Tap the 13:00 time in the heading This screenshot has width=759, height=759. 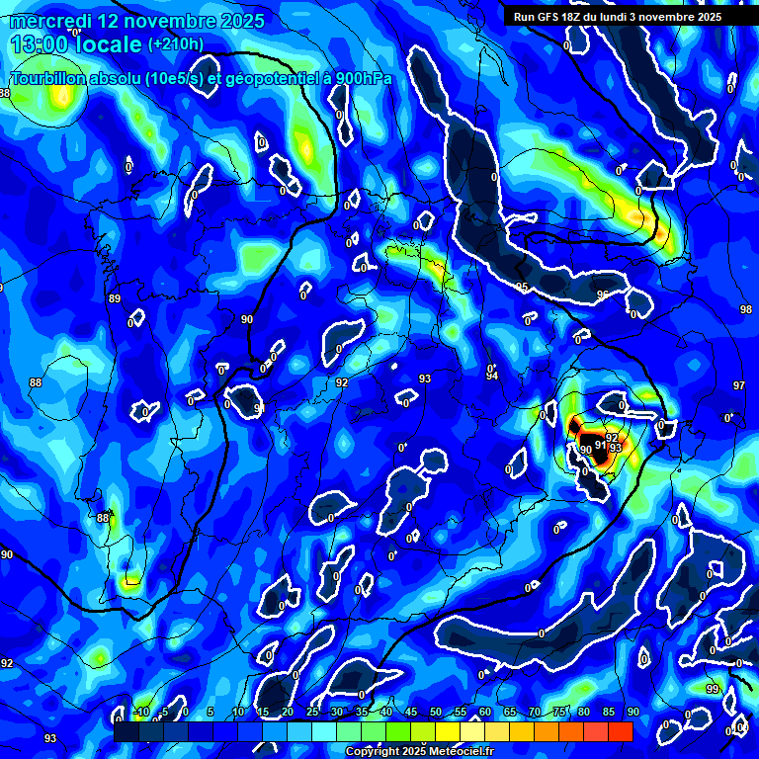(41, 44)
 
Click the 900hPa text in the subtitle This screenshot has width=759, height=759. (355, 78)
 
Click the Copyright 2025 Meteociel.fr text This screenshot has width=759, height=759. (420, 752)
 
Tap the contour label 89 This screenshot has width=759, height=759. (114, 298)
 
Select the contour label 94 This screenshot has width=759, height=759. (491, 376)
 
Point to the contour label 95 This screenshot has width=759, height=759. (522, 288)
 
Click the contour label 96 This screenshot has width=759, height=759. (602, 295)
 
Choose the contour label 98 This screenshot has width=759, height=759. (745, 309)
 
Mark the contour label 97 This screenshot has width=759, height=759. (738, 385)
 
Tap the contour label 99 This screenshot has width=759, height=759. (712, 688)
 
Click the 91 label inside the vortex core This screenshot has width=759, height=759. (600, 445)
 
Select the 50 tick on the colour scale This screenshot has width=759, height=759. (436, 713)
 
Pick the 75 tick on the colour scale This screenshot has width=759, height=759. (559, 713)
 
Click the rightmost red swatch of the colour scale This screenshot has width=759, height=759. (620, 731)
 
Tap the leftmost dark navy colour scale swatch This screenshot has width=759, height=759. (126, 731)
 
